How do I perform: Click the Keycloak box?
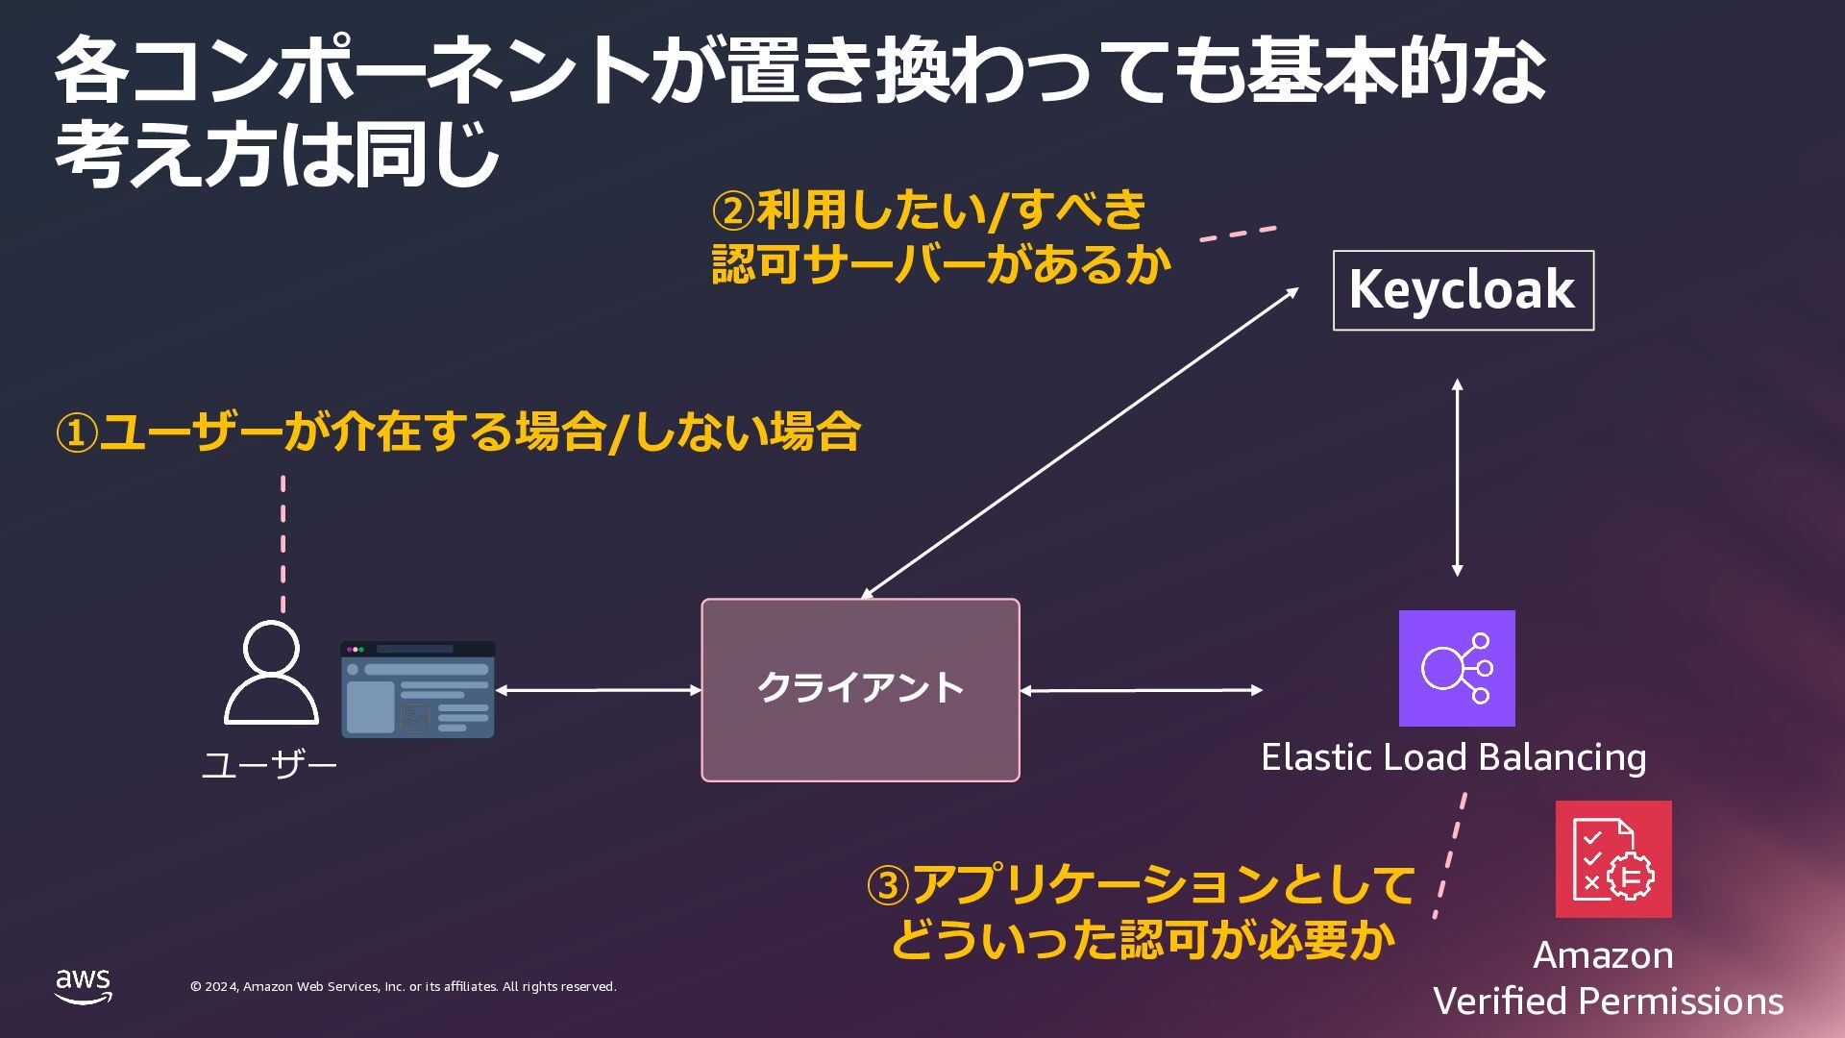click(x=1463, y=290)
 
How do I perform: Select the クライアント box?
click(x=860, y=689)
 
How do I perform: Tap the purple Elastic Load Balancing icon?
click(x=1457, y=668)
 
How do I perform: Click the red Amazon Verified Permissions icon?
click(x=1613, y=859)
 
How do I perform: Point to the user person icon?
click(x=271, y=672)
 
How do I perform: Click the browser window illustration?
click(x=417, y=689)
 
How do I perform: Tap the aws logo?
click(x=84, y=986)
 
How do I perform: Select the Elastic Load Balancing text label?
click(x=1453, y=757)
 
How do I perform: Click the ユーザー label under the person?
click(x=269, y=766)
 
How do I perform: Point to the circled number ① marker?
click(x=77, y=433)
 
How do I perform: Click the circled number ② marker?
click(x=733, y=211)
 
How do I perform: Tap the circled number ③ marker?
click(x=888, y=886)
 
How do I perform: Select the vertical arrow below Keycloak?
click(x=1457, y=478)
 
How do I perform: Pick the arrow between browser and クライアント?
click(x=598, y=689)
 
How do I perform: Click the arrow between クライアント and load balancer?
click(x=1141, y=689)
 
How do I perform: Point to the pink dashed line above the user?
click(x=283, y=543)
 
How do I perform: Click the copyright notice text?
click(x=403, y=987)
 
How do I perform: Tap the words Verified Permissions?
click(x=1608, y=1001)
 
